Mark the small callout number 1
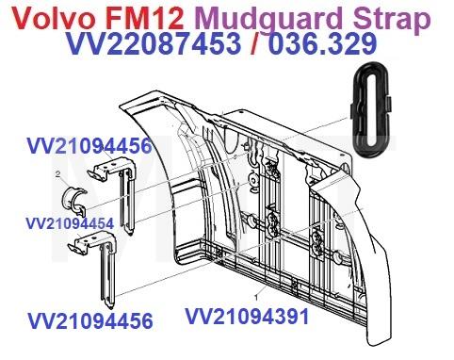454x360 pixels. tap(255, 296)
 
